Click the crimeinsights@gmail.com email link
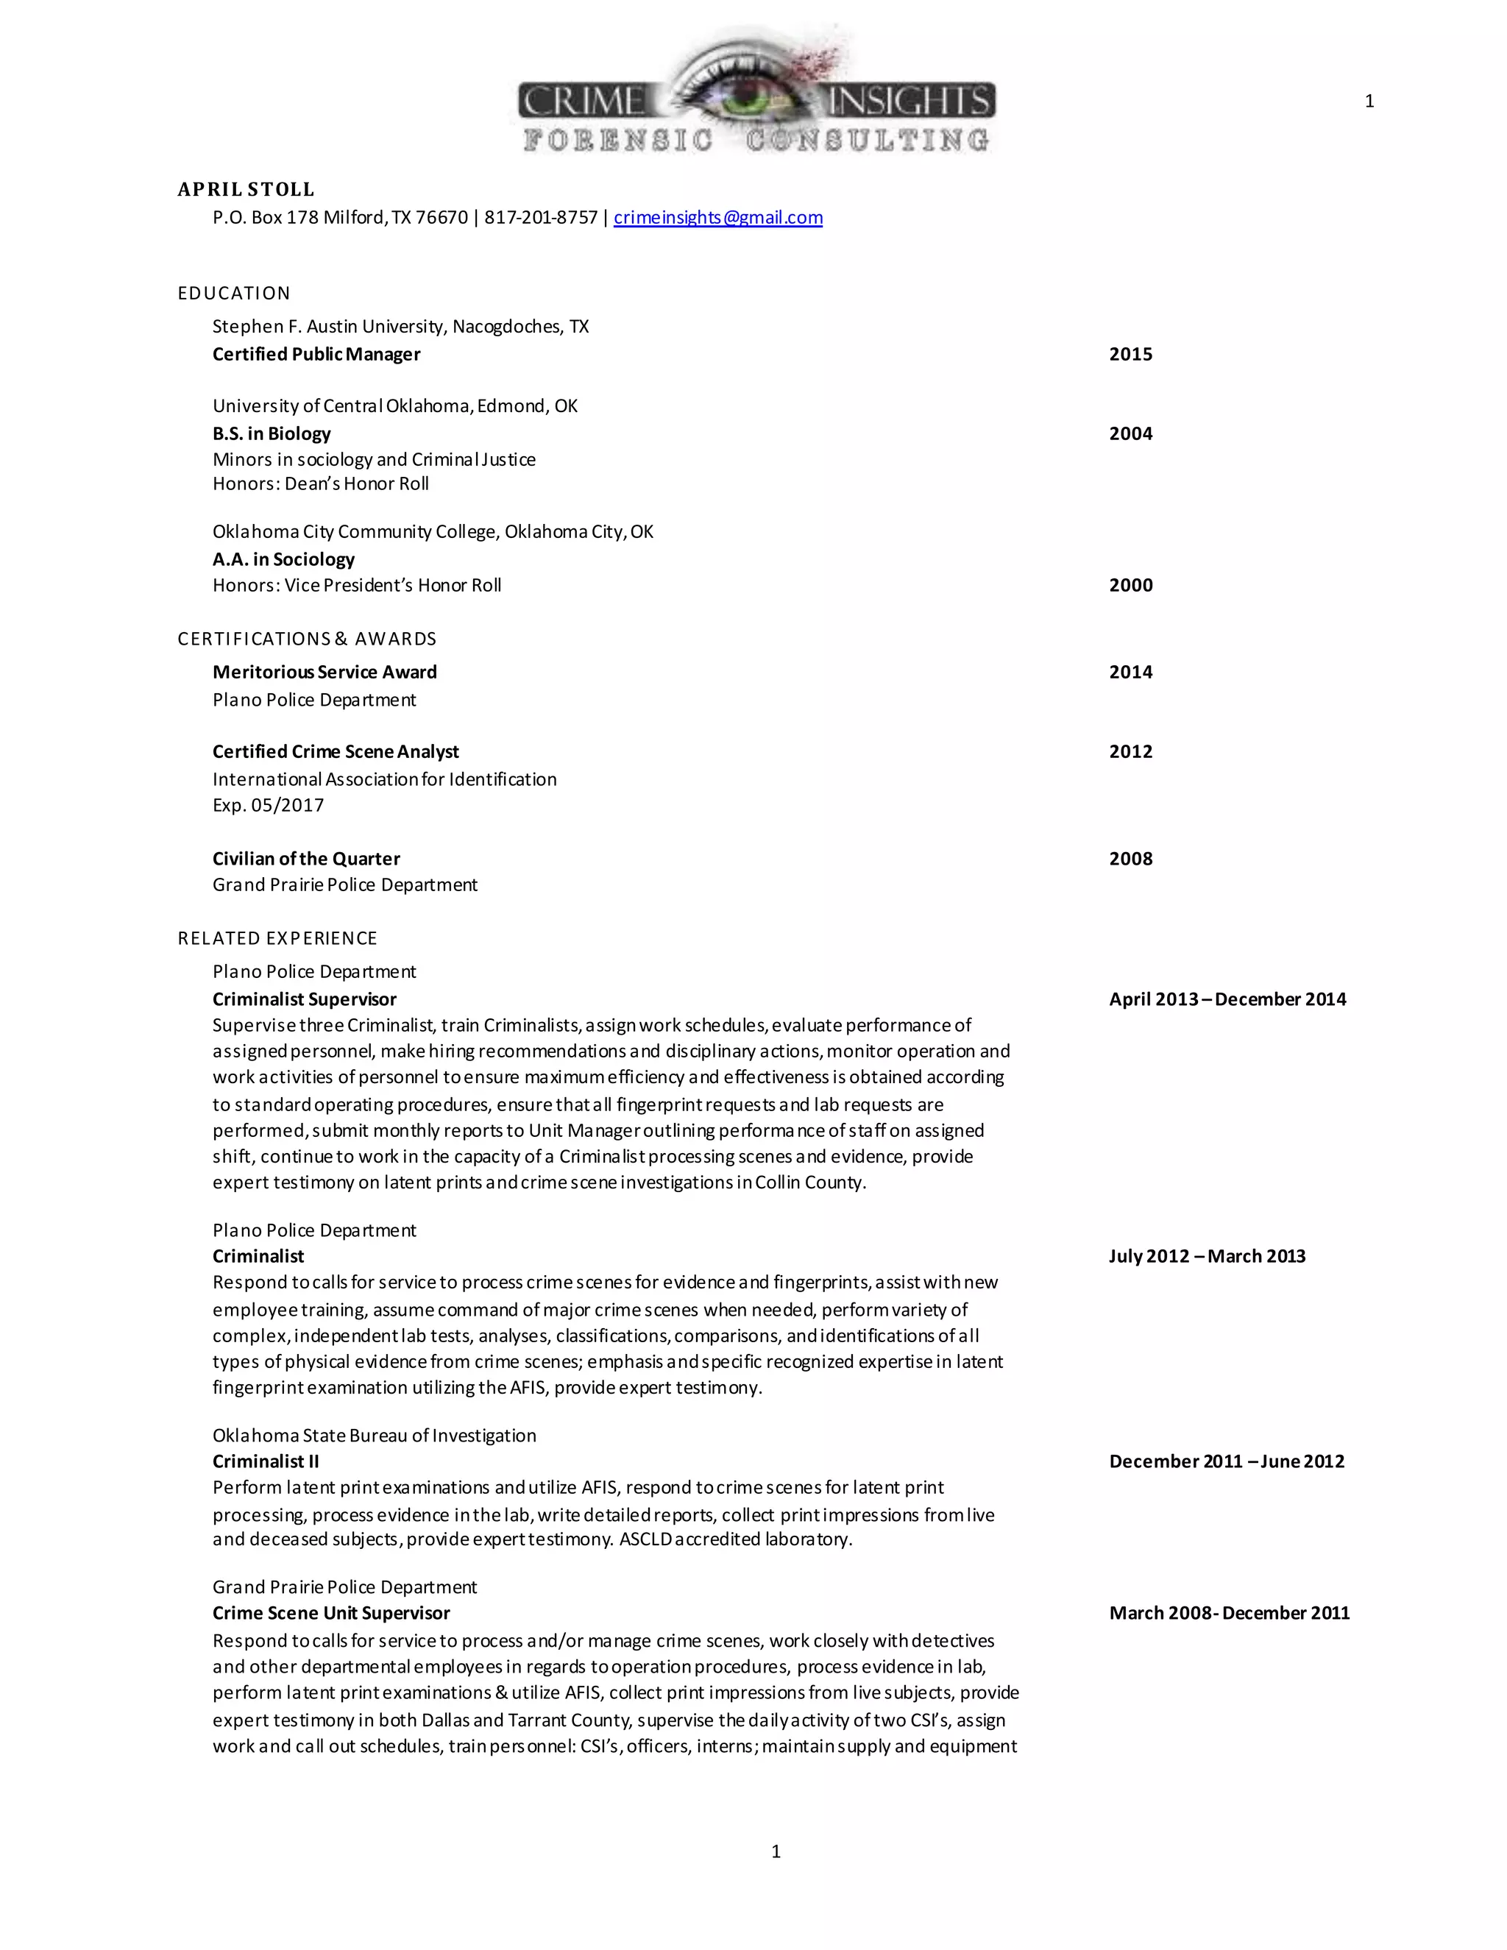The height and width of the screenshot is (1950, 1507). click(717, 218)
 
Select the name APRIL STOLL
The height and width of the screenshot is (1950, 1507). click(246, 189)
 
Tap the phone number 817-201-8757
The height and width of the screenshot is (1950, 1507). click(540, 218)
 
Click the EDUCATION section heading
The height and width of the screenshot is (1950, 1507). click(234, 294)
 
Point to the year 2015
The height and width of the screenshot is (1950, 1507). click(1130, 355)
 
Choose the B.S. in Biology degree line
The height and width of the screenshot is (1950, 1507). click(272, 434)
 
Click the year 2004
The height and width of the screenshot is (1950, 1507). click(1130, 434)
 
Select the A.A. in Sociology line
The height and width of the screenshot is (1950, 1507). click(283, 560)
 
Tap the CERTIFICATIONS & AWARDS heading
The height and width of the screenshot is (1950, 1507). click(307, 639)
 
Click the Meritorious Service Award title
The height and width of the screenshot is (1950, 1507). click(324, 673)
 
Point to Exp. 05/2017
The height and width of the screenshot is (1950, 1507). click(268, 805)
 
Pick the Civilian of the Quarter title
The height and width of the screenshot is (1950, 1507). click(306, 859)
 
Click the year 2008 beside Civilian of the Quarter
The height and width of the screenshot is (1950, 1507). click(1130, 859)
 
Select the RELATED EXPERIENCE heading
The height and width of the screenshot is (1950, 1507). click(277, 938)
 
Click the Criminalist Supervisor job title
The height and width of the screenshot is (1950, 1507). click(305, 1000)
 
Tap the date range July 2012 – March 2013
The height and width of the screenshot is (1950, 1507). click(1207, 1256)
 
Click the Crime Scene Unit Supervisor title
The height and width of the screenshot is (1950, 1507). click(331, 1614)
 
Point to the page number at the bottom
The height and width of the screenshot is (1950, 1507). click(776, 1852)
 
